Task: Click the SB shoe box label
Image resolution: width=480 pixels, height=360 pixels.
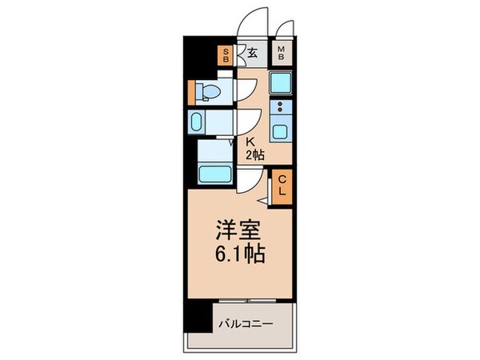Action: pyautogui.click(x=226, y=55)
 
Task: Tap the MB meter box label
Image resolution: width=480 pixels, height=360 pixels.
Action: pyautogui.click(x=282, y=55)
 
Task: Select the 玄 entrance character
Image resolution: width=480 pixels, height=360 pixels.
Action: pyautogui.click(x=251, y=54)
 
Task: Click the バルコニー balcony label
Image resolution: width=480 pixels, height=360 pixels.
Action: pyautogui.click(x=248, y=324)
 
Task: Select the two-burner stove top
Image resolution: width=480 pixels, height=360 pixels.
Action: pyautogui.click(x=282, y=106)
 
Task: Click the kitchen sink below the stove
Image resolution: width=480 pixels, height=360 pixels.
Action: pyautogui.click(x=282, y=128)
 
